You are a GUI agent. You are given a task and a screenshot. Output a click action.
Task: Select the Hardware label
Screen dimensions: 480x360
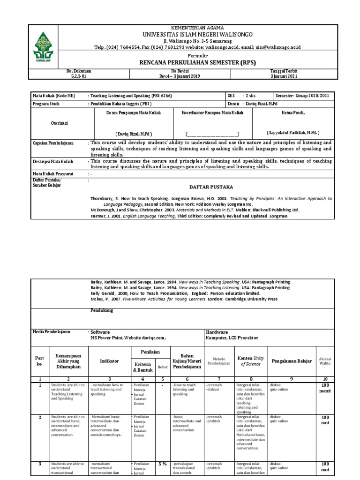coord(217,331)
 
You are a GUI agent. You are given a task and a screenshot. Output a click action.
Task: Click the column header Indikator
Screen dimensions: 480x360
coord(110,361)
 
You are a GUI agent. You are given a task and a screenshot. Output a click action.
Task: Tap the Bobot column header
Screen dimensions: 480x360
coord(162,367)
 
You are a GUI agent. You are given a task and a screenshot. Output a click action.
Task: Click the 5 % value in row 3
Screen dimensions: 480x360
coord(162,464)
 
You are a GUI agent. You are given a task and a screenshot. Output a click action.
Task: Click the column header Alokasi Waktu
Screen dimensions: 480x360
coord(324,361)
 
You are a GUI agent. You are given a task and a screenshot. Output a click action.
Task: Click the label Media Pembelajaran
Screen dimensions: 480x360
coord(51,331)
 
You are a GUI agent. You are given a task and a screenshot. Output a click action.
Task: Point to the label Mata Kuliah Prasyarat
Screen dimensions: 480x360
coord(55,173)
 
